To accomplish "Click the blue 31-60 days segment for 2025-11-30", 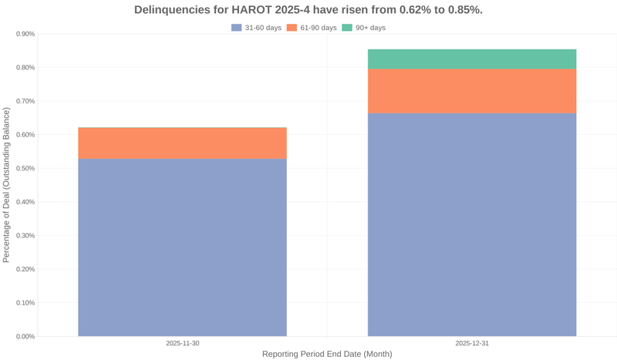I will (182, 247).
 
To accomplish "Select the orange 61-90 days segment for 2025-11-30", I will (182, 143).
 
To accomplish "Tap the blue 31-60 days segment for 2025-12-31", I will (472, 224).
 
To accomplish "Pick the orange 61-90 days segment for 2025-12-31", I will (472, 91).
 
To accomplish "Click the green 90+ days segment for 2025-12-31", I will (472, 59).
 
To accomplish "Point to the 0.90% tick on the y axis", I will (25, 34).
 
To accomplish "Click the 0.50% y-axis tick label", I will (25, 168).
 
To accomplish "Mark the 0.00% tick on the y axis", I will (25, 336).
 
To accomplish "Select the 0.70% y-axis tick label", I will (25, 101).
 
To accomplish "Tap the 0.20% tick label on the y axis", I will (25, 269).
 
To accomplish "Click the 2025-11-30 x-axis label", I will (182, 343).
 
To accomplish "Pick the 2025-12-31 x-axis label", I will (472, 343).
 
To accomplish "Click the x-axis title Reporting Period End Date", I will (327, 354).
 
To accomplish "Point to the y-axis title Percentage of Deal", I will (7, 185).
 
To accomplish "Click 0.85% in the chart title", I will (464, 10).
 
